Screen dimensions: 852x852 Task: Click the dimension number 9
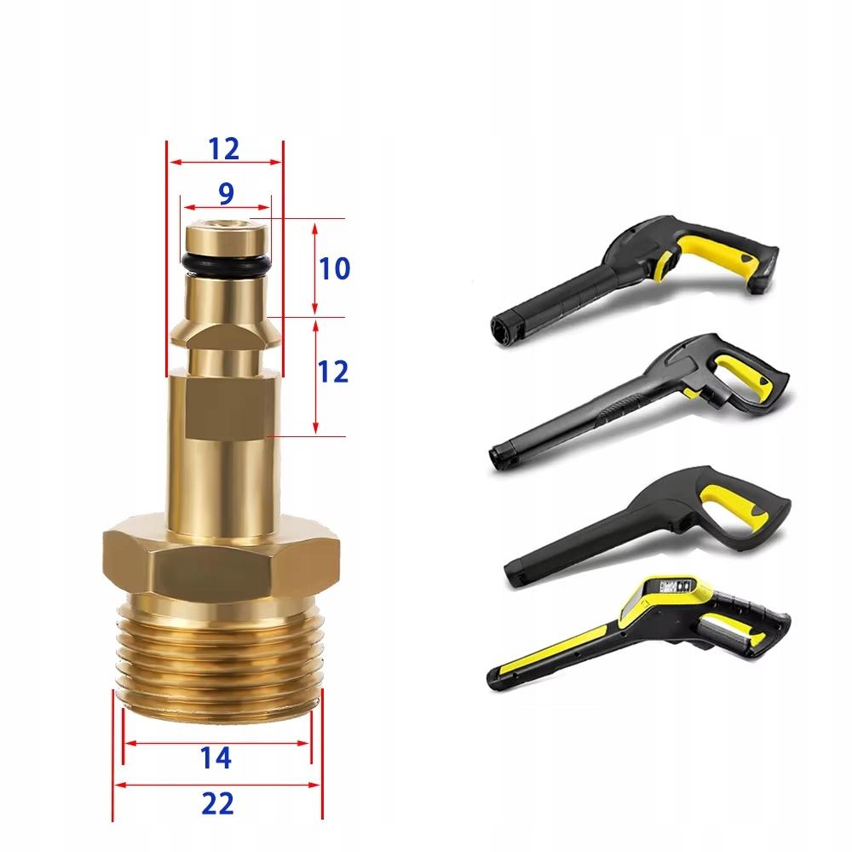(226, 194)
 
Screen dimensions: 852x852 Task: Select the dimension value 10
(334, 269)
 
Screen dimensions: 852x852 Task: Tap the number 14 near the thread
(217, 757)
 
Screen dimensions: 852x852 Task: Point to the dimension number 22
(217, 803)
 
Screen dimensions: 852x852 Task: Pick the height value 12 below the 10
(334, 371)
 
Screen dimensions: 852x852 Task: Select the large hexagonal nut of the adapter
(221, 562)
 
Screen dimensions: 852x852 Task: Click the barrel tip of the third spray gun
(515, 577)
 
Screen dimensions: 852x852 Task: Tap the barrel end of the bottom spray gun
(499, 677)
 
